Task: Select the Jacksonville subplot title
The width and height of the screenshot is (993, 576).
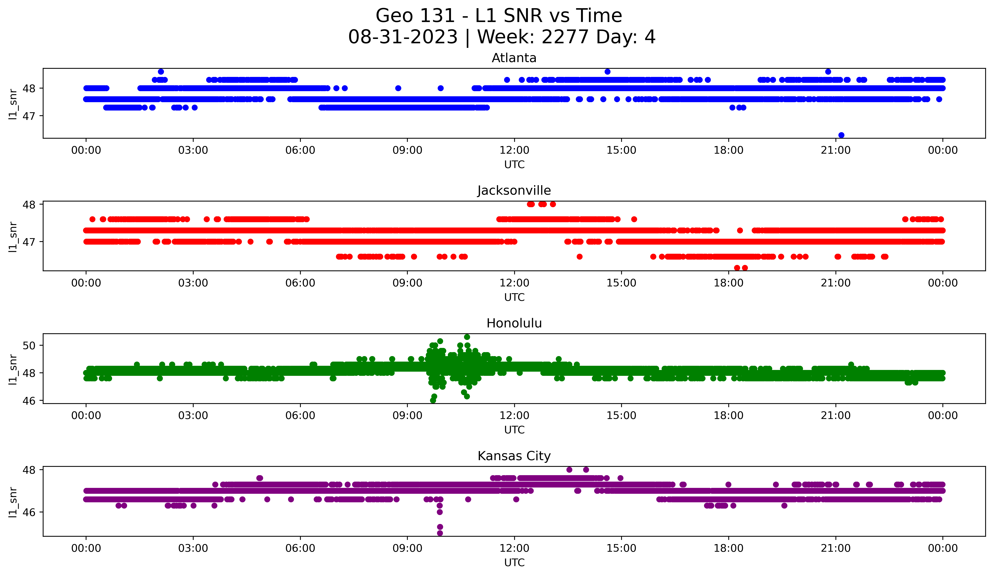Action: (x=514, y=190)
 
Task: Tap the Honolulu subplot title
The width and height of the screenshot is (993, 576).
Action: (x=514, y=323)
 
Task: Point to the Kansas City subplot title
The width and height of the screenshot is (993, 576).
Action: (x=514, y=456)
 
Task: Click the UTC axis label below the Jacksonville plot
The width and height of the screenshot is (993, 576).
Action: (x=514, y=297)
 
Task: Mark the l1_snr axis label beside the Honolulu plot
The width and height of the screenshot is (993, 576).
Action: (x=13, y=369)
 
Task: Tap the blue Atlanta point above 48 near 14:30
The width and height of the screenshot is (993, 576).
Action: (x=607, y=72)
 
